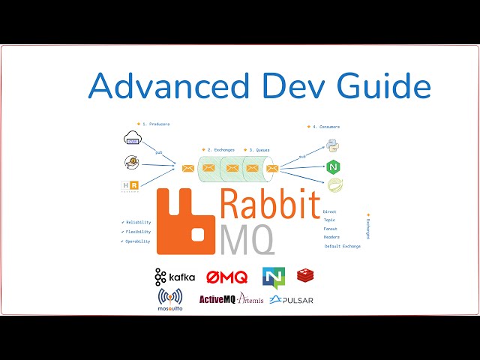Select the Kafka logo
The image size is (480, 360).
tap(175, 277)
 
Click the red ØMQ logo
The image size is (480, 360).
tap(226, 277)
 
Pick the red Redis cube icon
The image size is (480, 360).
tap(305, 276)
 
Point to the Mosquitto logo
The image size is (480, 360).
tap(171, 298)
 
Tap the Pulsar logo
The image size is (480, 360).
tap(292, 300)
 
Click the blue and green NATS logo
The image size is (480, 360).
tap(273, 277)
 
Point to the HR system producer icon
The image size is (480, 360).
tap(130, 186)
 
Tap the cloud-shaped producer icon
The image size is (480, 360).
tap(132, 138)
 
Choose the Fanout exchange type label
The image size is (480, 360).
tap(330, 229)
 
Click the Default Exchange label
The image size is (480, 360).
tap(342, 246)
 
